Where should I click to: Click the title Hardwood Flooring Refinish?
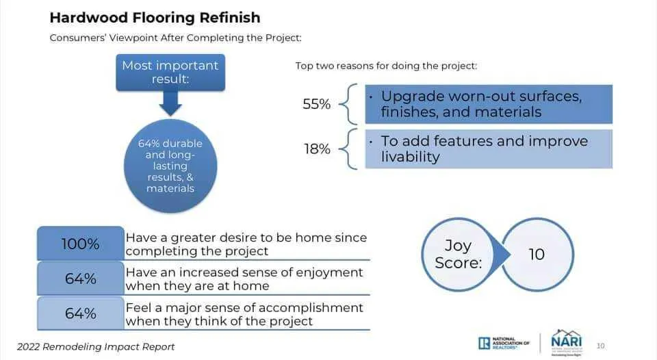coord(155,16)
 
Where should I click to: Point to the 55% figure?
coord(317,105)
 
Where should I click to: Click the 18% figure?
coord(317,149)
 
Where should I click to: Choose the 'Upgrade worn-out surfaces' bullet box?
coord(489,104)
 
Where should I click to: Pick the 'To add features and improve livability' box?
coord(489,149)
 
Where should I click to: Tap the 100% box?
coord(81,244)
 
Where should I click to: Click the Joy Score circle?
coord(458,253)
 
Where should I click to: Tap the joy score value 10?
coord(537,254)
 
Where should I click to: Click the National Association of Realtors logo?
coord(504,342)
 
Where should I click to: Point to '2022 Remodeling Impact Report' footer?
coord(96,346)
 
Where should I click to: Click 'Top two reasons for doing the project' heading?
coord(386,66)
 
